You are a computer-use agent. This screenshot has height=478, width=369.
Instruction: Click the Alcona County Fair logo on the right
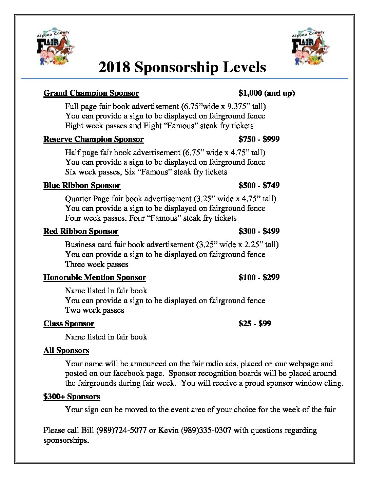point(310,47)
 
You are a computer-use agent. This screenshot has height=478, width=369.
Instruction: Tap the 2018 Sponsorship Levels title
point(182,67)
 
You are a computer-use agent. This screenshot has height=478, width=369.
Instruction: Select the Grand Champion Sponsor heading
point(91,93)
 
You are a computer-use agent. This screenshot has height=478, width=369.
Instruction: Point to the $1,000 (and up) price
point(267,93)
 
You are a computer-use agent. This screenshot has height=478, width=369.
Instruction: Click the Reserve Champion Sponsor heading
point(94,139)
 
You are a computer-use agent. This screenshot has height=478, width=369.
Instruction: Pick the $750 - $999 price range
point(259,139)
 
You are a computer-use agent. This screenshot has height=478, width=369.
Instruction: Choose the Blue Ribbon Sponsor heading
point(82,185)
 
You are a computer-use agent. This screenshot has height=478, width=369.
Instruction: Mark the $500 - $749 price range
point(259,185)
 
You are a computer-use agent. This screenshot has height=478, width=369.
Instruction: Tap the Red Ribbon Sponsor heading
point(81,232)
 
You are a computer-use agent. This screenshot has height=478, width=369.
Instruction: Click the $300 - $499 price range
point(259,232)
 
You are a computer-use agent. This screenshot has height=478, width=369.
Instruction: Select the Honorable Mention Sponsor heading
point(95,278)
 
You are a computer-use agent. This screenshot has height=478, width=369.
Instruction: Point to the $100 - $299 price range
point(259,278)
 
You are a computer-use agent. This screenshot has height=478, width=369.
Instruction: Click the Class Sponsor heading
point(69,324)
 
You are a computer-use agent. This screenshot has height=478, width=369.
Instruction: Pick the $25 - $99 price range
point(255,324)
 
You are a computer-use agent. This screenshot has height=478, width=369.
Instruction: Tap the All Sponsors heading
point(66,351)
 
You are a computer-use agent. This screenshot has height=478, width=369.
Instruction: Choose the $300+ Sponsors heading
point(72,397)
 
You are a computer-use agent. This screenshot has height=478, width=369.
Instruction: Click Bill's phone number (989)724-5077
point(121,430)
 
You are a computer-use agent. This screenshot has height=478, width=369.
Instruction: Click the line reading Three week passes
point(97,264)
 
